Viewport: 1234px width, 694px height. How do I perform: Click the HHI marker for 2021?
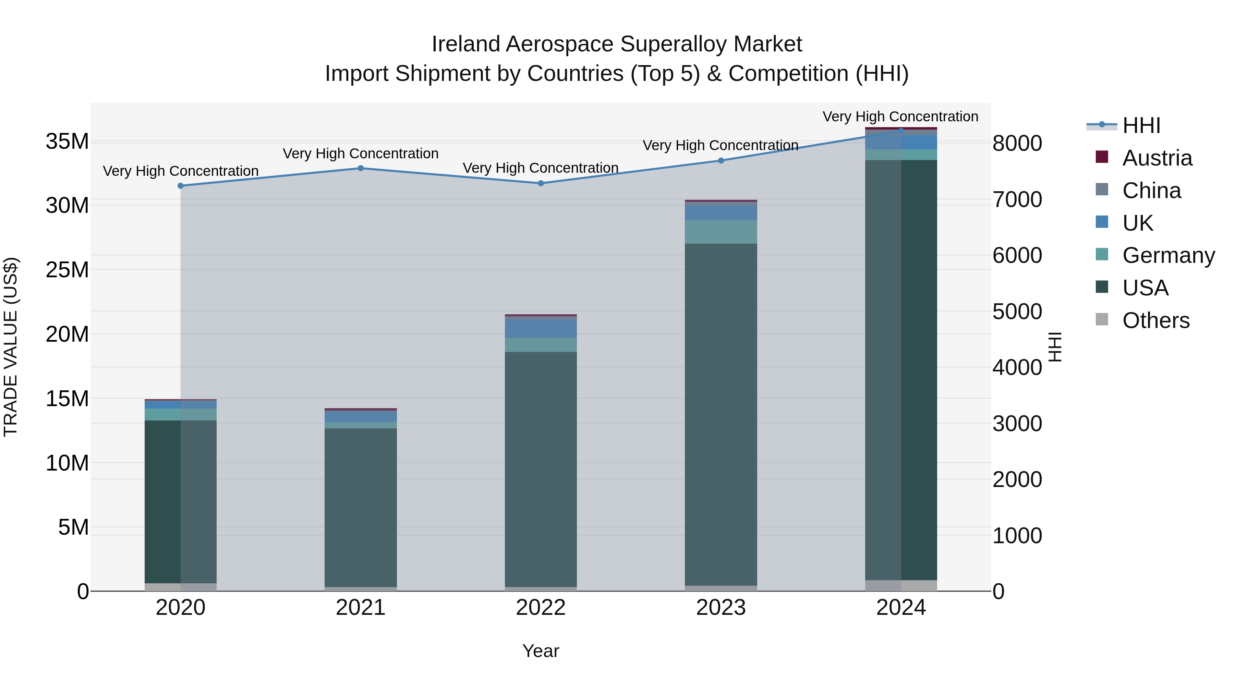361,168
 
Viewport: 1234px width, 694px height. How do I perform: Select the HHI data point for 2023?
721,160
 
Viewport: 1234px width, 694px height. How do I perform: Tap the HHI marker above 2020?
181,186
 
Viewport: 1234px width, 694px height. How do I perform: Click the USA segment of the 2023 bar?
721,414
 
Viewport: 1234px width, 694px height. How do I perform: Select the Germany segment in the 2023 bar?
721,232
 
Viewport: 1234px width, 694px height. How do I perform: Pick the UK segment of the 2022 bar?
541,329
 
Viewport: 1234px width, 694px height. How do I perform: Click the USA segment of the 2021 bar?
361,507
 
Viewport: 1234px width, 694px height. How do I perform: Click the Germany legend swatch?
1102,254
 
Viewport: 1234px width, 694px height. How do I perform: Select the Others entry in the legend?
1156,320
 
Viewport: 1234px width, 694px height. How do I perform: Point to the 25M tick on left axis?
67,270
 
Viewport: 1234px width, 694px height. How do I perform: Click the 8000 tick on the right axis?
1017,143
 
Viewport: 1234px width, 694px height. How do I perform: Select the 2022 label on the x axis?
541,608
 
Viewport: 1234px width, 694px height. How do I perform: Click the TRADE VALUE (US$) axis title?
11,347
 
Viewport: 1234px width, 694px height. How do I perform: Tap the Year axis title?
541,651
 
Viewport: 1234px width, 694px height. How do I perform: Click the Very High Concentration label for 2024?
900,117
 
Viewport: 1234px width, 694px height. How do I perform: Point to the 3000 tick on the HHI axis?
1017,423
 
